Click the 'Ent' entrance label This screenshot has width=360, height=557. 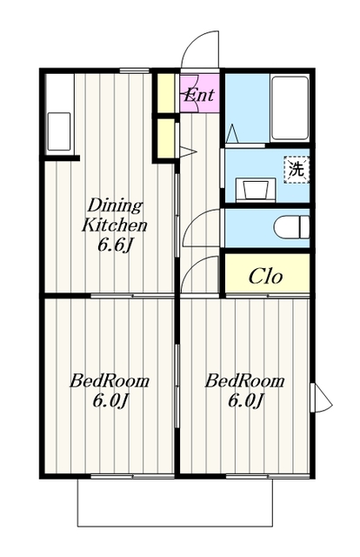(199, 95)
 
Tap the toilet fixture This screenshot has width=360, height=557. (291, 227)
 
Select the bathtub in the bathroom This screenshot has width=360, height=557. (290, 108)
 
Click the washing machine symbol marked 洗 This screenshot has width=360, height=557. (297, 170)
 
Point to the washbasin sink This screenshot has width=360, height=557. (256, 190)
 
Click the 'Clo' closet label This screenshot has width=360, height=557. (265, 276)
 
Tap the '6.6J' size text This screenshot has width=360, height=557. (115, 245)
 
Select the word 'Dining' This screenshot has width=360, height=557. (115, 205)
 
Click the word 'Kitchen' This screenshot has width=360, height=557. (114, 225)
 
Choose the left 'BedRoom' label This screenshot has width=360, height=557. (109, 381)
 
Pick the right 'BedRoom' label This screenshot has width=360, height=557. (244, 381)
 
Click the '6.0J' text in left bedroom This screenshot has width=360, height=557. (110, 401)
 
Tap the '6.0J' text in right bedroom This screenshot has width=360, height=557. (245, 401)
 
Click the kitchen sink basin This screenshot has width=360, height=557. (59, 131)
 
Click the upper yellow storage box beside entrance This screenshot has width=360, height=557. (166, 93)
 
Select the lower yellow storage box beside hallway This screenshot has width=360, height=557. (166, 138)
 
